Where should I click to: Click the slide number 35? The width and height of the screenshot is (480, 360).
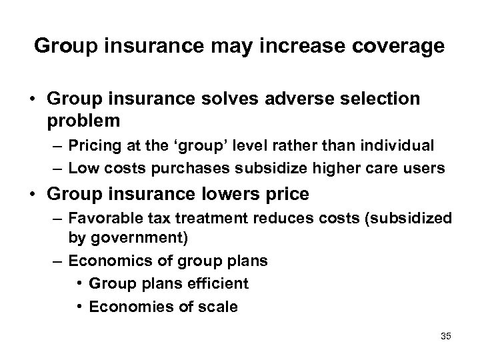[445, 337]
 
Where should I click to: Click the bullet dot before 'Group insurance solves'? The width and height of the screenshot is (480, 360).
[31, 99]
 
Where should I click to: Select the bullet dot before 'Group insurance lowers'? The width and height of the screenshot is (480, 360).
[31, 195]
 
